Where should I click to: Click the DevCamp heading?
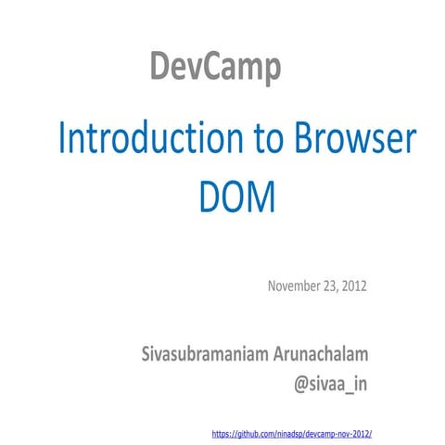(x=215, y=69)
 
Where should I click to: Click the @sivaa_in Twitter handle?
(x=331, y=383)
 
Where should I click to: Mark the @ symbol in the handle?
(x=302, y=383)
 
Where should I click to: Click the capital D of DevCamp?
(x=159, y=69)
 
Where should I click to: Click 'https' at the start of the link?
(x=222, y=432)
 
